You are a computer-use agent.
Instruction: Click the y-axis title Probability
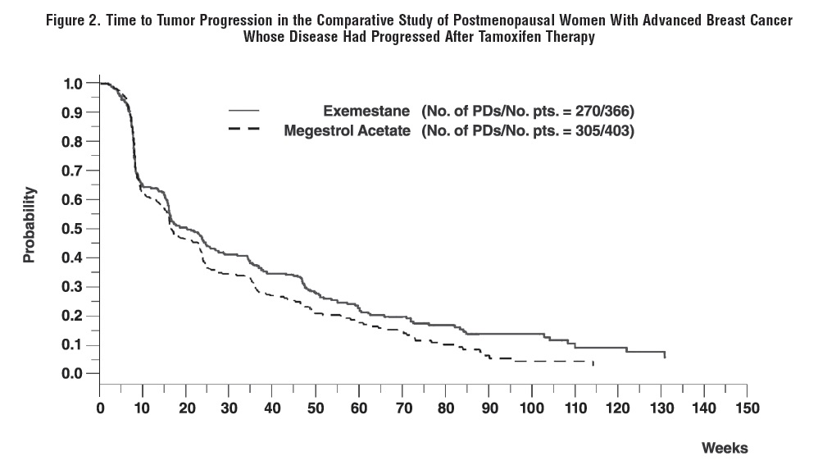click(30, 225)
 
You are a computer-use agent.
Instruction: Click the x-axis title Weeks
click(725, 448)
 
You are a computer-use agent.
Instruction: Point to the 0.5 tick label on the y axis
click(73, 228)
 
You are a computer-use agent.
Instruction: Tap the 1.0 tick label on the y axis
click(73, 83)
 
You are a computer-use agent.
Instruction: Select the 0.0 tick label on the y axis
click(73, 373)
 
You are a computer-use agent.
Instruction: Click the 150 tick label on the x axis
click(748, 408)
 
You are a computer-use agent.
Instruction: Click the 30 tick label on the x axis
click(229, 408)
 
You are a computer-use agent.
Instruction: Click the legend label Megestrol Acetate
click(347, 130)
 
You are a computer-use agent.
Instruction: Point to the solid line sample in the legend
click(243, 110)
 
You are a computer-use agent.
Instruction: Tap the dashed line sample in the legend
click(243, 130)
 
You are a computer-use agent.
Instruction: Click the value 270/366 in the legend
click(603, 111)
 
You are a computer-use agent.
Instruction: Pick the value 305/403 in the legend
click(603, 130)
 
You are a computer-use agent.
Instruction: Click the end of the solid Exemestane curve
click(664, 357)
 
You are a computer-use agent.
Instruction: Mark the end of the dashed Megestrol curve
click(593, 363)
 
